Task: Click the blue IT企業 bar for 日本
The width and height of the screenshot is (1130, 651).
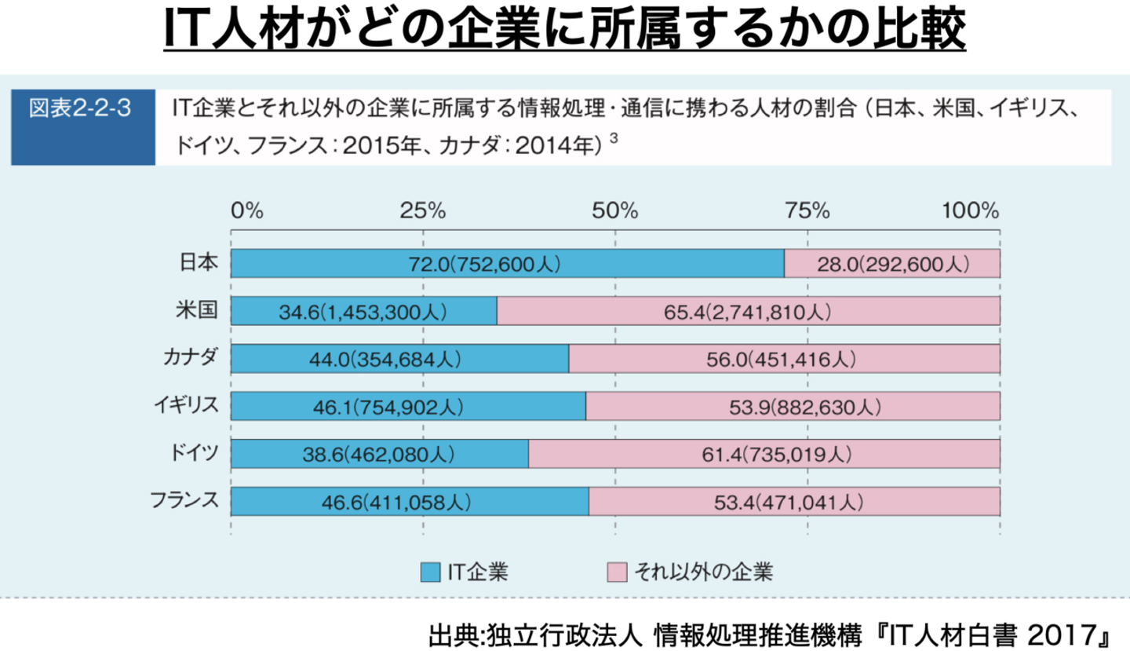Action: tap(507, 264)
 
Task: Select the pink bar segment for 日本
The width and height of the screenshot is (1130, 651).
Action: tap(891, 264)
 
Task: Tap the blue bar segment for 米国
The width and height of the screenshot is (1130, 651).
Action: tap(363, 311)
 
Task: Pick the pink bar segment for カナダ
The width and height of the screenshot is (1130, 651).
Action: tap(784, 359)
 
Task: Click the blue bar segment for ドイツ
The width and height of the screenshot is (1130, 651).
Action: tap(379, 454)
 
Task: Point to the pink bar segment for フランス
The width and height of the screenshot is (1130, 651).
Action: tap(793, 501)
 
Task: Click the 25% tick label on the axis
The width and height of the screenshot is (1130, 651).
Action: tap(423, 210)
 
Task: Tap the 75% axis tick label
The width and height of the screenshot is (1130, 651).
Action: tap(808, 210)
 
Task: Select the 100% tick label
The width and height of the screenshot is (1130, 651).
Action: tap(971, 210)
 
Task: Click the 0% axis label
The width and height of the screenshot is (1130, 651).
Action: tap(246, 210)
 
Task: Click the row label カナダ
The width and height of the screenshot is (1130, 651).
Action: tap(191, 358)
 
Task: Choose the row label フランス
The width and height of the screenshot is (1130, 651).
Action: tap(185, 500)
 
